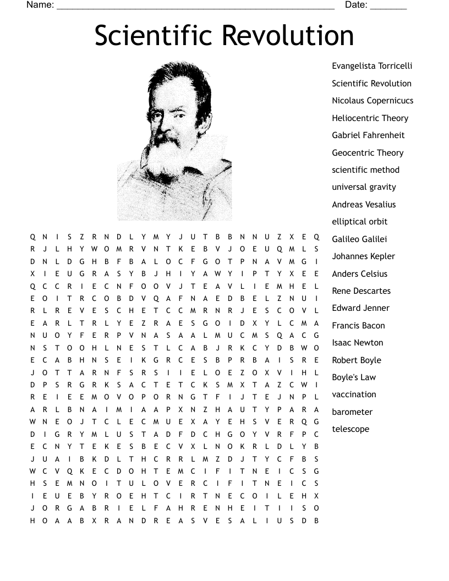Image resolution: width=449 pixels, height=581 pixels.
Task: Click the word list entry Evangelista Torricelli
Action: [372, 66]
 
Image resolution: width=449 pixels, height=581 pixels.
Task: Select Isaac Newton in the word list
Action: [357, 343]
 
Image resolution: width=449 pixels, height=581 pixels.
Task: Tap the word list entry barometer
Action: [352, 412]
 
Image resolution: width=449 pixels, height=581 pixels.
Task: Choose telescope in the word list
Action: [351, 429]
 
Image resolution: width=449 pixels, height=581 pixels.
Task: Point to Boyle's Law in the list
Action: [354, 377]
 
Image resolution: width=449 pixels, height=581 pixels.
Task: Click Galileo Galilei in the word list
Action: [359, 239]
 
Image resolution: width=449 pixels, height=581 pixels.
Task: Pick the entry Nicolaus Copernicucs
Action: [373, 101]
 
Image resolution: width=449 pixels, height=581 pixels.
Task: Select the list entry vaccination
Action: [354, 394]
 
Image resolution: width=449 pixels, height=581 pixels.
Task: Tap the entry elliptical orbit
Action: [359, 222]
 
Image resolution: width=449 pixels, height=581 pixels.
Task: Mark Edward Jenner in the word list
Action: [360, 308]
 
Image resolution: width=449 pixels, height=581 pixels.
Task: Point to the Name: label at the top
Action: [40, 5]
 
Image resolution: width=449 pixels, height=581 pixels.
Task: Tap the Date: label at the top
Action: [356, 5]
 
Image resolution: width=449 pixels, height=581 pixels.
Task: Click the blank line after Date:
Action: [388, 7]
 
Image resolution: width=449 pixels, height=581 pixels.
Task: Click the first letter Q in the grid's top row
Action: [32, 237]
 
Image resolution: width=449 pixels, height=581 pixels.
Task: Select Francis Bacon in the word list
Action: [358, 326]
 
